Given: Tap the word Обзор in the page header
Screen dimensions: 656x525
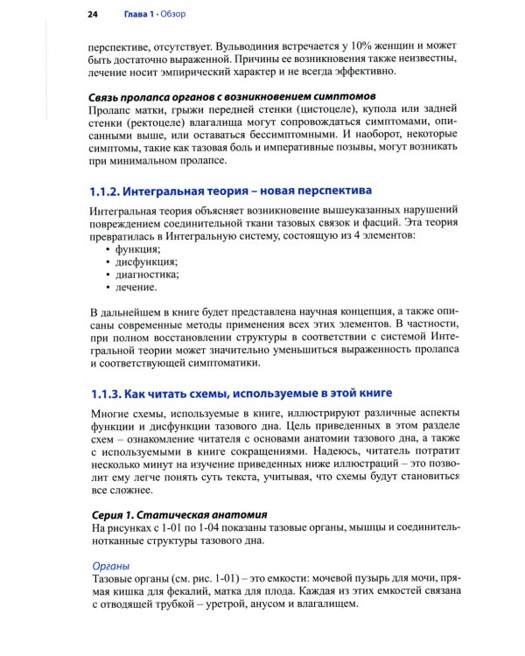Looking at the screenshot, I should tap(183, 14).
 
